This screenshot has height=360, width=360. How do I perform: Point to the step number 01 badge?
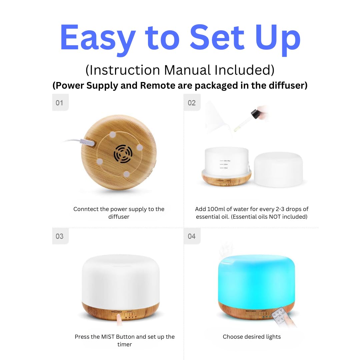[x=60, y=103]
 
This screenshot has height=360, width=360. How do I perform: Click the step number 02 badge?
[x=192, y=103]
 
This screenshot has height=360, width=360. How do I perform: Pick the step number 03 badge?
[x=60, y=236]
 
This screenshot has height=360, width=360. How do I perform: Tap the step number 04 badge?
[x=192, y=236]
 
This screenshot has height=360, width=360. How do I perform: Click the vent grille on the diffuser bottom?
[x=123, y=154]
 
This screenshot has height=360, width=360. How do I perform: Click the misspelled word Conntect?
[x=87, y=209]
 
